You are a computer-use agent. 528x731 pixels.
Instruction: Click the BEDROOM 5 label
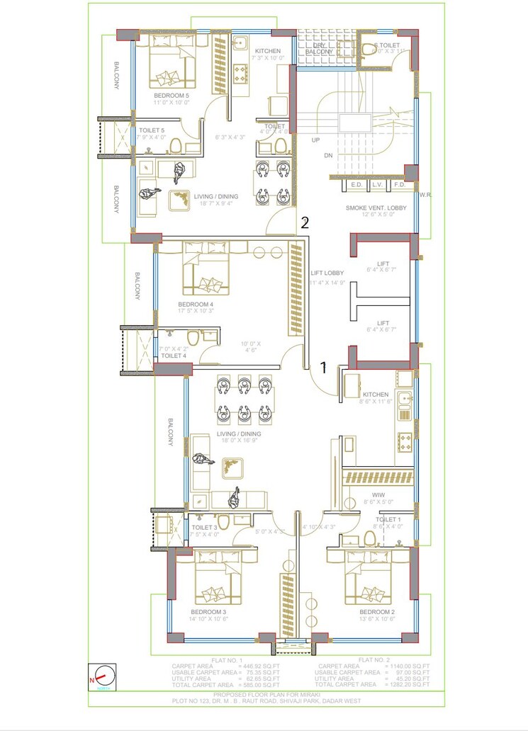coord(172,95)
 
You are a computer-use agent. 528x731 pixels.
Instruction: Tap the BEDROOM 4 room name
coord(196,305)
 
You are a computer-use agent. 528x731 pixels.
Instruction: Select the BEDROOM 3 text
coord(208,611)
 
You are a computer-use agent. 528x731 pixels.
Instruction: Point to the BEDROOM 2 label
coord(377,611)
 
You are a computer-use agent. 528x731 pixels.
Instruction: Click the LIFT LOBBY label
coord(327,273)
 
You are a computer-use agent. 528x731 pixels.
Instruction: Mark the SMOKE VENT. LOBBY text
coord(376,208)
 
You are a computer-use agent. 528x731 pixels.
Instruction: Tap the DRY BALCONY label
coord(319,48)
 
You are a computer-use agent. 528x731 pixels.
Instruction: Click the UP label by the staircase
coord(315,140)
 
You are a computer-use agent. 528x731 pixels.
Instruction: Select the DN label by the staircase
coord(327,155)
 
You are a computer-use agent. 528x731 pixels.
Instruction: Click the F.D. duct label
coord(399,185)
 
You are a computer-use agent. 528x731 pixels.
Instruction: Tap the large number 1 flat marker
coord(323,368)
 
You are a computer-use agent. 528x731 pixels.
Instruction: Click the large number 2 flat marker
coord(305,222)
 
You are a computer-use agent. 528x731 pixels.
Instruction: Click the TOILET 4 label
coord(174,356)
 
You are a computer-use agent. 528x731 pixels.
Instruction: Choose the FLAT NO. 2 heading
coord(373,659)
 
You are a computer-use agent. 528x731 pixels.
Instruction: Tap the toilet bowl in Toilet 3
coord(223,523)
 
